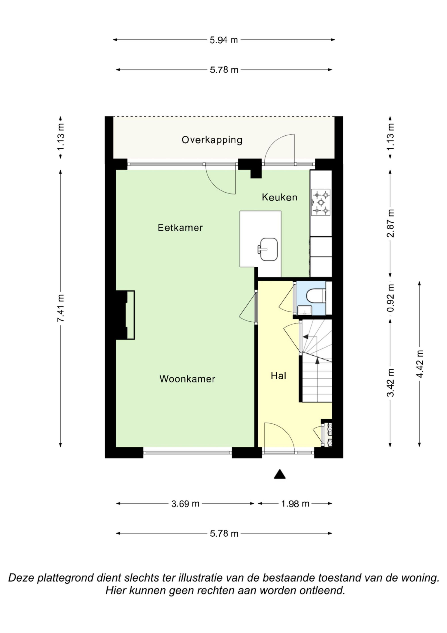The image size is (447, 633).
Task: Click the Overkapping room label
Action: pyautogui.click(x=212, y=140)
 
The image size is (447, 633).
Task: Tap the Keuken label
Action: pyautogui.click(x=280, y=197)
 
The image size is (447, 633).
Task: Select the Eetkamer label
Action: pyautogui.click(x=180, y=228)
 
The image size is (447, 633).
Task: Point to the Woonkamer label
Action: pyautogui.click(x=187, y=379)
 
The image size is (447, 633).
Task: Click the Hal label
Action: pyautogui.click(x=278, y=376)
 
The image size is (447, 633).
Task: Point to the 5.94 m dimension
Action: pyautogui.click(x=224, y=40)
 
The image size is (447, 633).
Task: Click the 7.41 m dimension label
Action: pyautogui.click(x=61, y=308)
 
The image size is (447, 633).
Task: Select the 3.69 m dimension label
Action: pyautogui.click(x=185, y=504)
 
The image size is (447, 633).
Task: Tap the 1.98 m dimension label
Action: pyautogui.click(x=295, y=504)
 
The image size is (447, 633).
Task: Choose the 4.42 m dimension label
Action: pyautogui.click(x=420, y=364)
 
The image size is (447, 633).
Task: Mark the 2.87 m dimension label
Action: pyautogui.click(x=390, y=223)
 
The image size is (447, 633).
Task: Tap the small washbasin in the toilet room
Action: pyautogui.click(x=305, y=310)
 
